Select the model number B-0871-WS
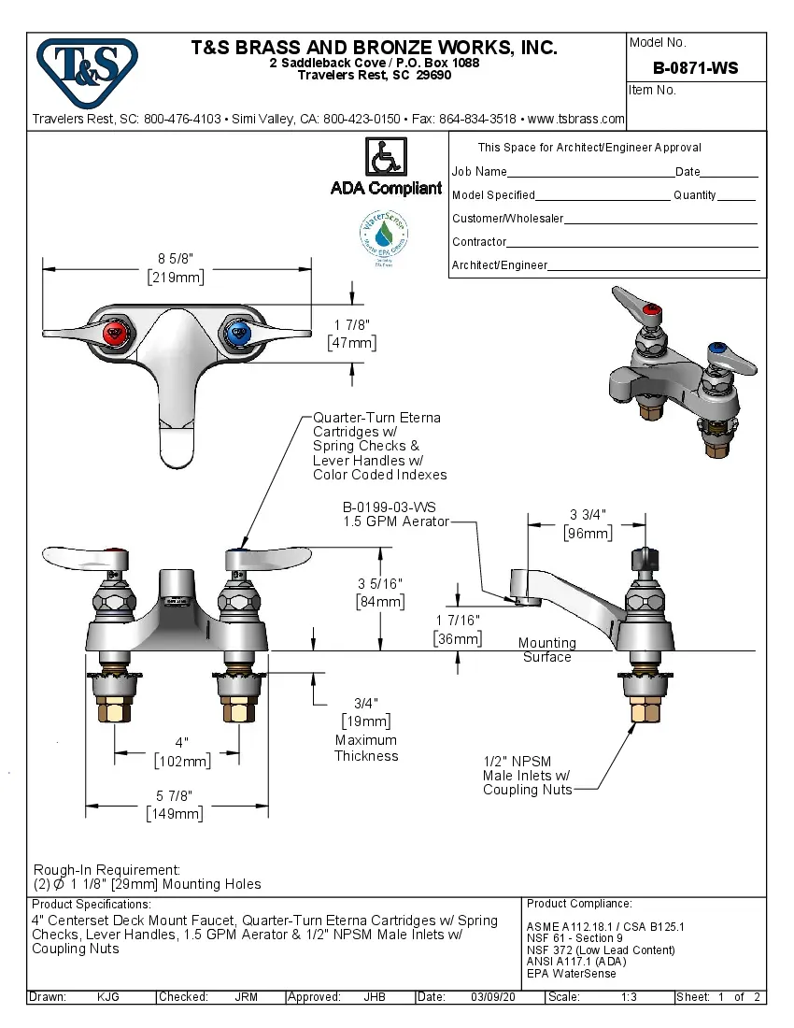695,68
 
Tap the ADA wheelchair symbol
386,156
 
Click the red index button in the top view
115,331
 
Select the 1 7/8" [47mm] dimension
352,334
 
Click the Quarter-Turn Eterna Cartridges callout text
379,446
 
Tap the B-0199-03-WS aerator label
396,514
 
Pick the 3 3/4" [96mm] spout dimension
588,524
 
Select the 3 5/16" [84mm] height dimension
380,593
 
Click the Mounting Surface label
546,650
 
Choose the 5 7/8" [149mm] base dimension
175,805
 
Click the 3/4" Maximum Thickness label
366,729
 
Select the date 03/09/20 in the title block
495,997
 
